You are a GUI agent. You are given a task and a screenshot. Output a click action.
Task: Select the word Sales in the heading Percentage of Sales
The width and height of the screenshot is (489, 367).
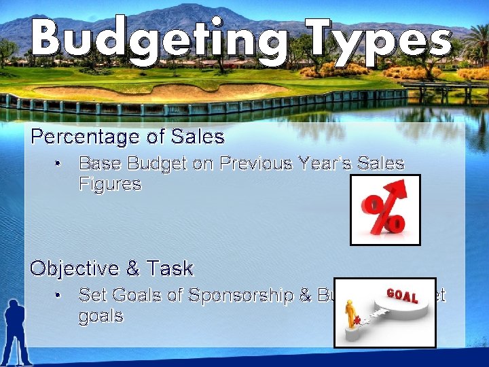[198, 137]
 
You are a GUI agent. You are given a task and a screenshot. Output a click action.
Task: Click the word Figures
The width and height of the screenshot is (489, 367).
[110, 184]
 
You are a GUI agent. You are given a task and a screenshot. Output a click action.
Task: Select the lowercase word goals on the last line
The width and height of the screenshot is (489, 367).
[101, 316]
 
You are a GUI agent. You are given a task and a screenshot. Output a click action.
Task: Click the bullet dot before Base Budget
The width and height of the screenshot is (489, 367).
[60, 164]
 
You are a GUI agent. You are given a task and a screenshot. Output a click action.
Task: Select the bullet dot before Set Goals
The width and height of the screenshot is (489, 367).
[60, 296]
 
